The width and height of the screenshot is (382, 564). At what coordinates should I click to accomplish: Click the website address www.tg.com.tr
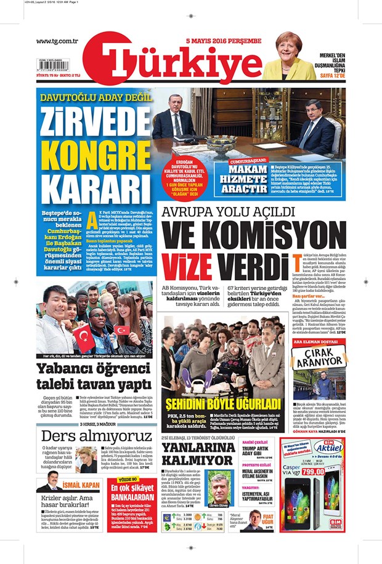(x=57, y=41)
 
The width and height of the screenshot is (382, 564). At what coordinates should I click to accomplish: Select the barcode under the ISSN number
(x=52, y=68)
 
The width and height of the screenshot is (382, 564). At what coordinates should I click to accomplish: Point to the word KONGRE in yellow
(x=93, y=151)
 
